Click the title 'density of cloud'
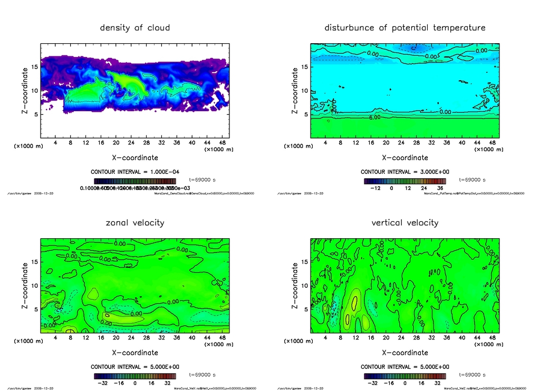135,27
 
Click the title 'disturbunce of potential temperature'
404,27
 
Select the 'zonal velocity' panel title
135,222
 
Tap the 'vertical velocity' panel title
404,222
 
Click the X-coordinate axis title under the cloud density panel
135,157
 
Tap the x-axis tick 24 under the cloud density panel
131,142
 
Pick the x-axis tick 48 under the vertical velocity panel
492,337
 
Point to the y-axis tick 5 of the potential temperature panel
304,114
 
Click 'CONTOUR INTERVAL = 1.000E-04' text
134,172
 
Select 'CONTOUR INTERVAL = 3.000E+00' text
404,172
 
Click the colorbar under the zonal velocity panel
135,376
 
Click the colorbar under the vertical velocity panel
404,376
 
